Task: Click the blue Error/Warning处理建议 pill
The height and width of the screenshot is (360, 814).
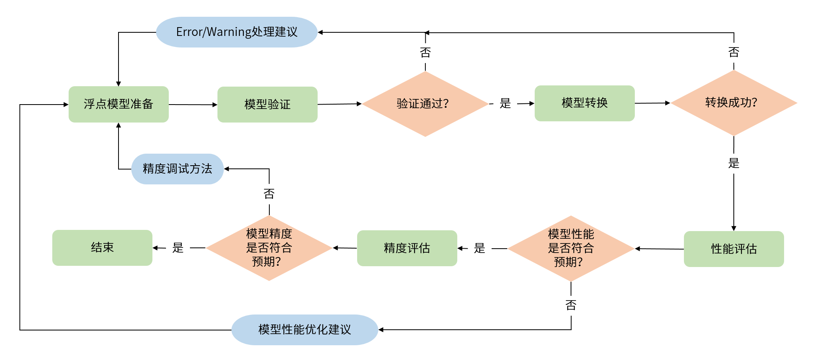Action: pyautogui.click(x=237, y=32)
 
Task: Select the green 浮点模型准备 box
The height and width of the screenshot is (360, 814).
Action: pyautogui.click(x=119, y=104)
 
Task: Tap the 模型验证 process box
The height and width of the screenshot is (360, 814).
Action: pyautogui.click(x=267, y=105)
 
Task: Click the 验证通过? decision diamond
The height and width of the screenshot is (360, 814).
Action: pyautogui.click(x=425, y=104)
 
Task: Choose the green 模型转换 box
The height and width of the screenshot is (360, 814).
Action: pyautogui.click(x=585, y=103)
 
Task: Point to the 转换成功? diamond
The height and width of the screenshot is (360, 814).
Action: pyautogui.click(x=733, y=103)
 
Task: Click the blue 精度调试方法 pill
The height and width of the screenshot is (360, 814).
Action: pyautogui.click(x=177, y=169)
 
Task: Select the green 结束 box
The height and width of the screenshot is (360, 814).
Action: pyautogui.click(x=102, y=247)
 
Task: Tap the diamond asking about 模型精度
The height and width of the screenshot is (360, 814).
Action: pyautogui.click(x=269, y=248)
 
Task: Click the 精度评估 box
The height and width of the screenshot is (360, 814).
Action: pyautogui.click(x=407, y=248)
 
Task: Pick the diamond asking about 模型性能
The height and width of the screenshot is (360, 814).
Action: pyautogui.click(x=571, y=248)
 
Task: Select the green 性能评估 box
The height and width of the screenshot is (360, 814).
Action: pyautogui.click(x=734, y=249)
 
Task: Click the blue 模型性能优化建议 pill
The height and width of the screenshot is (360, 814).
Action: pyautogui.click(x=304, y=330)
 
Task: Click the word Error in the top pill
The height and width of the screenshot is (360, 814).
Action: pyautogui.click(x=189, y=32)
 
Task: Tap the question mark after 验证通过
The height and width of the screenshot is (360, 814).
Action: pyautogui.click(x=446, y=104)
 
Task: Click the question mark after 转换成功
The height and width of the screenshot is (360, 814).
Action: pyautogui.click(x=754, y=103)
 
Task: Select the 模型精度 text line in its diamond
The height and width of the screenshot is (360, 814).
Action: pyautogui.click(x=269, y=233)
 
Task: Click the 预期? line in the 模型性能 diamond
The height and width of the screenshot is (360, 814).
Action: pyautogui.click(x=568, y=262)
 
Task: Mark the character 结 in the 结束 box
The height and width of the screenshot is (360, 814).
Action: pyautogui.click(x=97, y=247)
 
